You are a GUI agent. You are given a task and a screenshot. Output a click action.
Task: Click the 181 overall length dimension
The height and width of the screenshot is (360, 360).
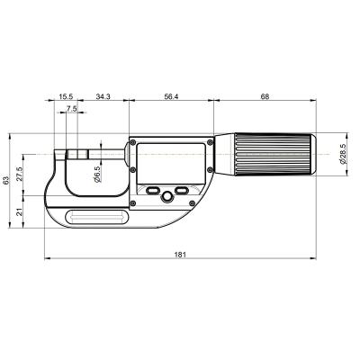pyautogui.click(x=179, y=256)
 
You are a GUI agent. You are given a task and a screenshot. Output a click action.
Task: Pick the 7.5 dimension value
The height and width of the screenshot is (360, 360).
pyautogui.click(x=71, y=108)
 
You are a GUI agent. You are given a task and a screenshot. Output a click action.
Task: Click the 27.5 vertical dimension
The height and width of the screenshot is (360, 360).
pyautogui.click(x=20, y=172)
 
